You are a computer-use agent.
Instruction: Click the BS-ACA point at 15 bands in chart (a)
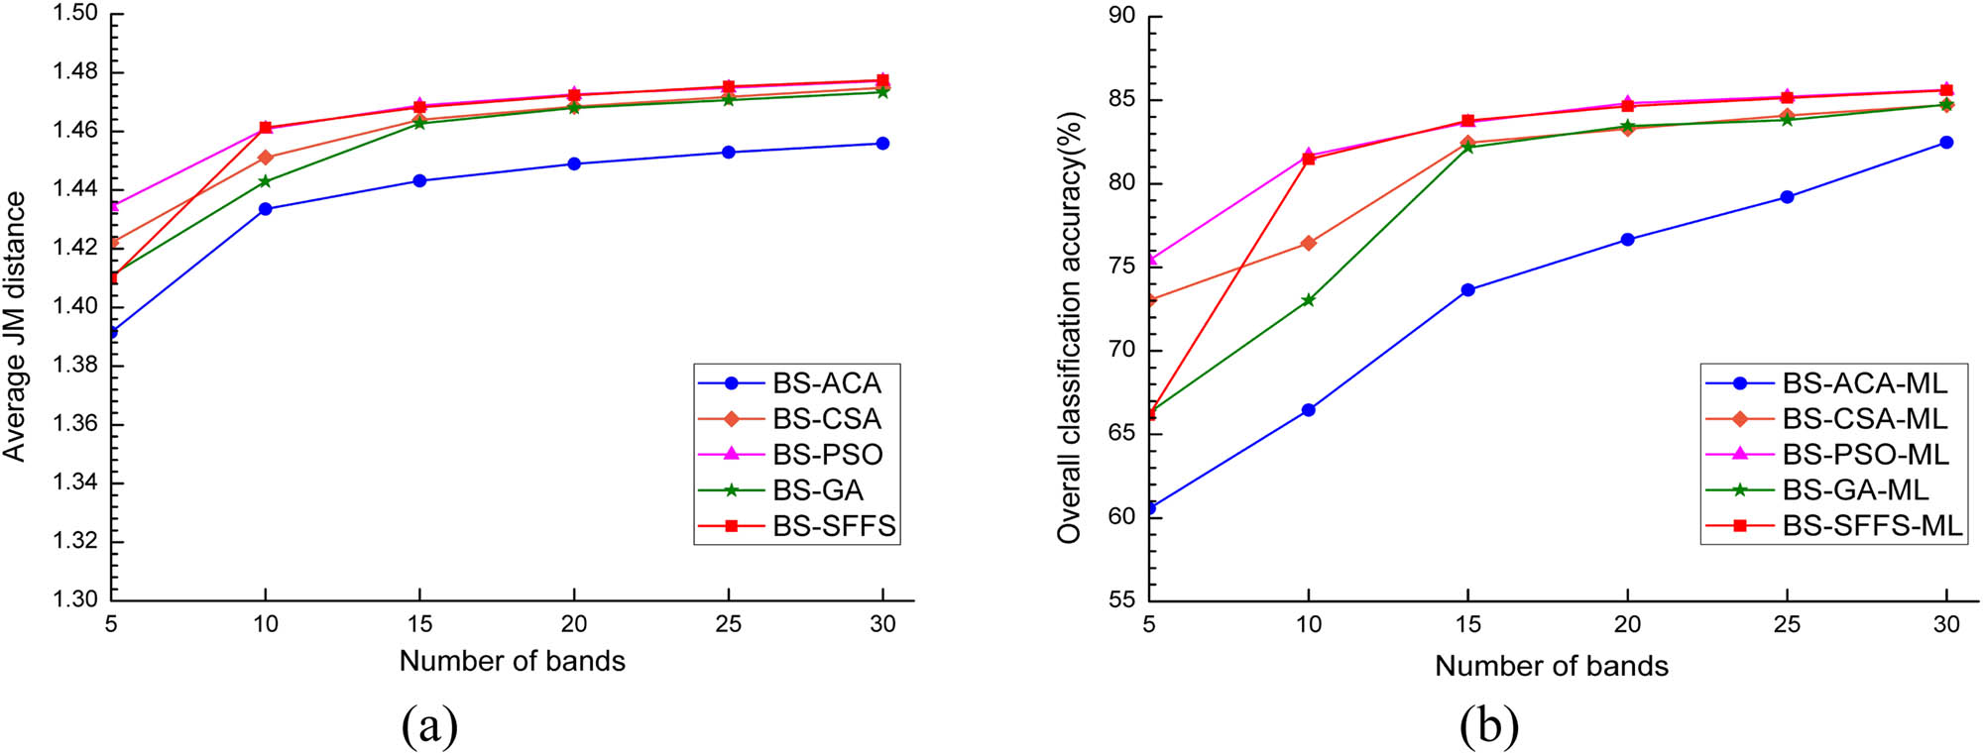(419, 180)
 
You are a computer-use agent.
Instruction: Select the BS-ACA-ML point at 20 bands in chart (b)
(1627, 240)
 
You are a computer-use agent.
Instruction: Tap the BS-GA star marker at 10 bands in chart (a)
(265, 181)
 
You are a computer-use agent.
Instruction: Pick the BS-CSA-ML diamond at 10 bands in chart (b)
(1309, 243)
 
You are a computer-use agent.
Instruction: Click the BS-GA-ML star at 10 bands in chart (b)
(1309, 299)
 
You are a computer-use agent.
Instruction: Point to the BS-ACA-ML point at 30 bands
(1946, 143)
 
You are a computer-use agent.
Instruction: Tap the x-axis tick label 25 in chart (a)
(729, 624)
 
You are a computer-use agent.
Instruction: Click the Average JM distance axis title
(15, 327)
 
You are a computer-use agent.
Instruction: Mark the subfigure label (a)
(429, 726)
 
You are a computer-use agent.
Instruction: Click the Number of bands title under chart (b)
(1551, 666)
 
